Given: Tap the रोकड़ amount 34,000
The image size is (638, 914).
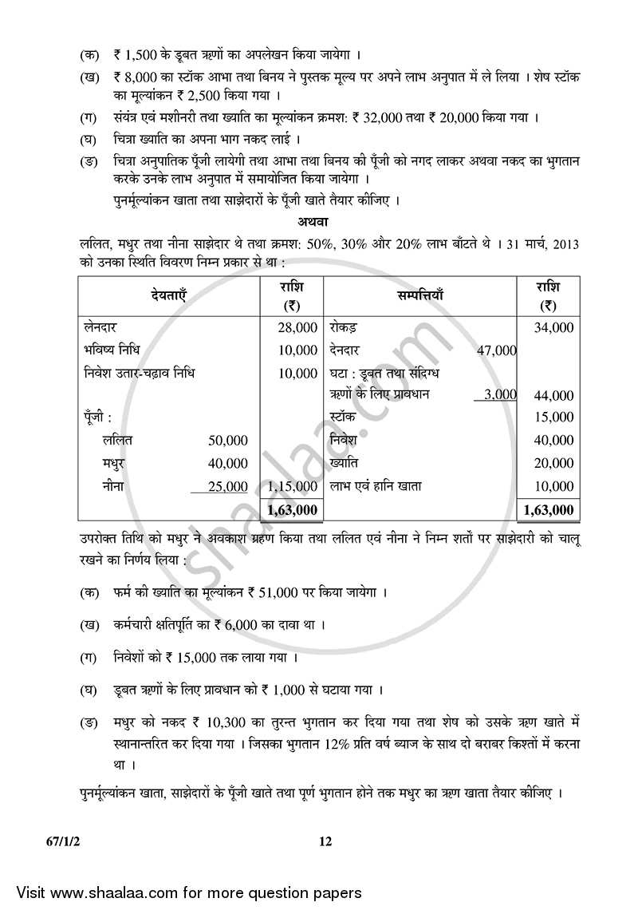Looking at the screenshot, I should point(555,327).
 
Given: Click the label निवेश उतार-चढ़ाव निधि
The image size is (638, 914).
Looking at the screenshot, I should point(138,373).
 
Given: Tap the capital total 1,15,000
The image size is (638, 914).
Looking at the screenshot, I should point(293,486).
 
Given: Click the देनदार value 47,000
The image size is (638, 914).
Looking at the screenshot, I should point(496,350).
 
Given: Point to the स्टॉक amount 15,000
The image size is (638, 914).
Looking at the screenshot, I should point(555,417).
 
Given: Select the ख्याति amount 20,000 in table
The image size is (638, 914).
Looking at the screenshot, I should point(555,463).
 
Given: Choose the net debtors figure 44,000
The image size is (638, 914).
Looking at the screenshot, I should point(555,395).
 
